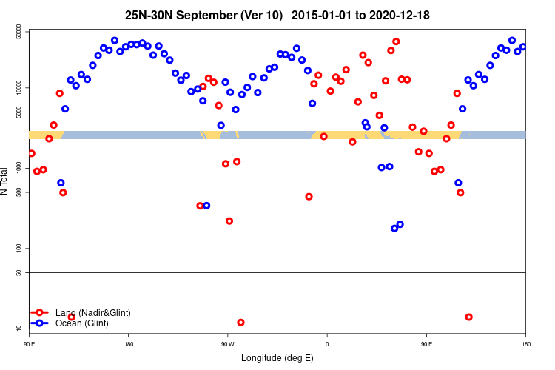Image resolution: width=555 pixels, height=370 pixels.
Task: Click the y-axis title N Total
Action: point(5,181)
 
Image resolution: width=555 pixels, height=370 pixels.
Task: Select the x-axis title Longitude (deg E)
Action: point(277,358)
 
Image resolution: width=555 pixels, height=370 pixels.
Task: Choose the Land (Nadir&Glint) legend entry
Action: point(92,313)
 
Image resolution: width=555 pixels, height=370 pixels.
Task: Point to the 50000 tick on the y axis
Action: point(16,32)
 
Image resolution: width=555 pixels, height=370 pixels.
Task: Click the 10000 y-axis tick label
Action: point(16,88)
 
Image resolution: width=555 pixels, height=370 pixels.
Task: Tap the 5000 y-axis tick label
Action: point(17,112)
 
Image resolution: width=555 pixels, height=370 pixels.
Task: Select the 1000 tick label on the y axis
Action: point(17,168)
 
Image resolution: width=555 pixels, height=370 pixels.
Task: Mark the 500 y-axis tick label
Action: point(18,192)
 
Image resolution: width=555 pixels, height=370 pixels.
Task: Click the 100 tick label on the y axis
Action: point(18,249)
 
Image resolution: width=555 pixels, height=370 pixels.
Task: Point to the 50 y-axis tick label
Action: point(20,273)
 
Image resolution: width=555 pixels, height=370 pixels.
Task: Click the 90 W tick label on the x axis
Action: point(227,344)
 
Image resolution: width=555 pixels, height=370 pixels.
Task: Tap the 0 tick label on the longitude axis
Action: point(326,344)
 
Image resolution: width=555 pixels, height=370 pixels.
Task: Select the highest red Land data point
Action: point(396,41)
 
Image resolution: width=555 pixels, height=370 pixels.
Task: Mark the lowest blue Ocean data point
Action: point(394,228)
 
